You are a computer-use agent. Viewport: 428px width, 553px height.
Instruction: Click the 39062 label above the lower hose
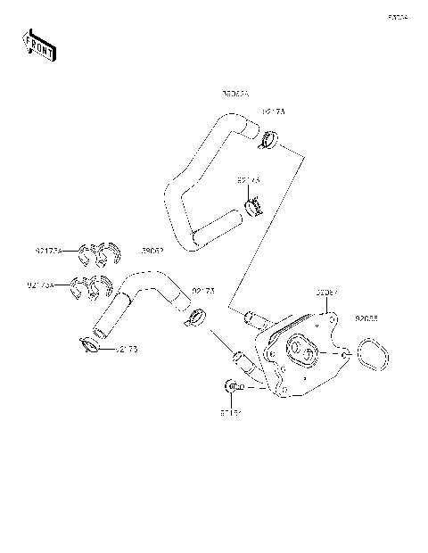pyautogui.click(x=152, y=252)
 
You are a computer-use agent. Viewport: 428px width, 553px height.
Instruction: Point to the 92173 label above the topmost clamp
pyautogui.click(x=273, y=112)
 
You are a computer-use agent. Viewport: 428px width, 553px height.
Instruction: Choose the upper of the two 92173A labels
pyautogui.click(x=48, y=252)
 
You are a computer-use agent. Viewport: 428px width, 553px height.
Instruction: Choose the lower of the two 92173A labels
pyautogui.click(x=41, y=285)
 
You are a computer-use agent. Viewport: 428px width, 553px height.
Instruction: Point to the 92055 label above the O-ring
pyautogui.click(x=366, y=318)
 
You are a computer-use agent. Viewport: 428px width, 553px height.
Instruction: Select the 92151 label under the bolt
pyautogui.click(x=231, y=413)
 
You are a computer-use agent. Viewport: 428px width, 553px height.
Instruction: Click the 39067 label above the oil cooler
pyautogui.click(x=326, y=292)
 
